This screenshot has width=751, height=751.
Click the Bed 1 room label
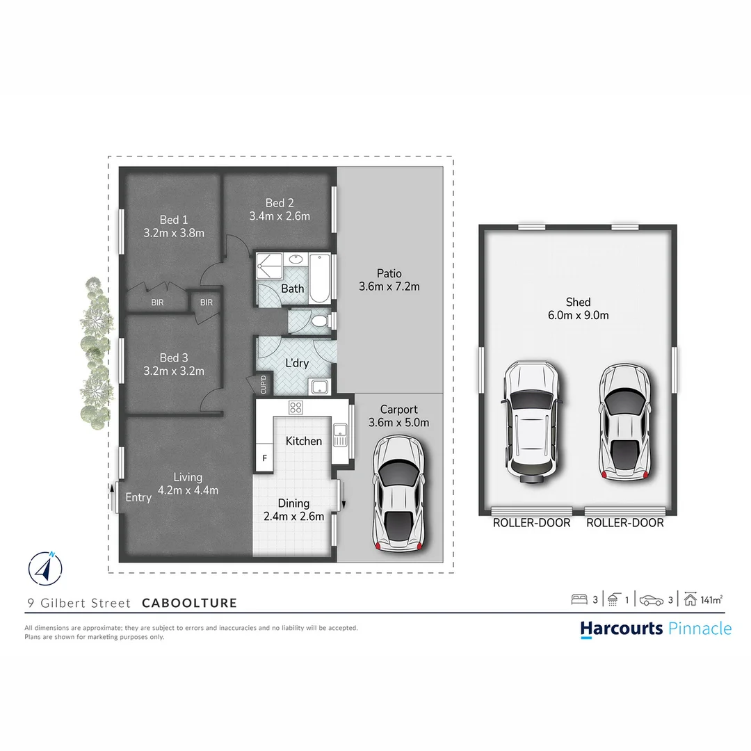(x=174, y=220)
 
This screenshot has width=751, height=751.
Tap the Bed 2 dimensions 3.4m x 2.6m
(x=280, y=216)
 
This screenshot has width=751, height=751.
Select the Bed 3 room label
(x=174, y=358)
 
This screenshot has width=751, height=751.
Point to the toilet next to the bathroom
(x=320, y=321)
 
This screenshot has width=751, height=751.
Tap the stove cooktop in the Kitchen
(x=296, y=408)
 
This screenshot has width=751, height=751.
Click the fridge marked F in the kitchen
(x=264, y=458)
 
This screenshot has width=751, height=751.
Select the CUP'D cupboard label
(x=264, y=385)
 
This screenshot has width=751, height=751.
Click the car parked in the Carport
(x=398, y=494)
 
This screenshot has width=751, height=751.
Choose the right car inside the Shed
(x=624, y=421)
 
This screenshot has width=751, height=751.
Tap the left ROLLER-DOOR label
(x=531, y=523)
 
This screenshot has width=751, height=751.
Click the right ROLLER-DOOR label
(x=624, y=523)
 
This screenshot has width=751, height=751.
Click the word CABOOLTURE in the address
(x=189, y=603)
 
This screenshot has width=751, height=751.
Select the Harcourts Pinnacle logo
(x=656, y=629)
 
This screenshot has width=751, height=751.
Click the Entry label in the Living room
(x=138, y=497)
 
